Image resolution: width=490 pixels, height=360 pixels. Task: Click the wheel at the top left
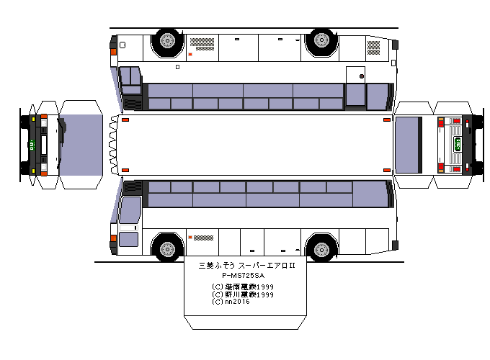[x=167, y=42]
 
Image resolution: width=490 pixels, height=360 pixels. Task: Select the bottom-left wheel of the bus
[x=167, y=248]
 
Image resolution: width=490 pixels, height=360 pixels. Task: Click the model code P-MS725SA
[x=244, y=276]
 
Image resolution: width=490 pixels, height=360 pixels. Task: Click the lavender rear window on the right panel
[x=409, y=144]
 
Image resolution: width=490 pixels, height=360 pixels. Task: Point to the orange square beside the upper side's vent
[x=190, y=55]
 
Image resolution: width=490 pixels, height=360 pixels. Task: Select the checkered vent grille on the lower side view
[x=203, y=236]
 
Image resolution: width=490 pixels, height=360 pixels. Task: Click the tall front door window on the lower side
[x=130, y=210]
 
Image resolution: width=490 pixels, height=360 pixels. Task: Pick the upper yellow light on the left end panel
[x=34, y=118]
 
